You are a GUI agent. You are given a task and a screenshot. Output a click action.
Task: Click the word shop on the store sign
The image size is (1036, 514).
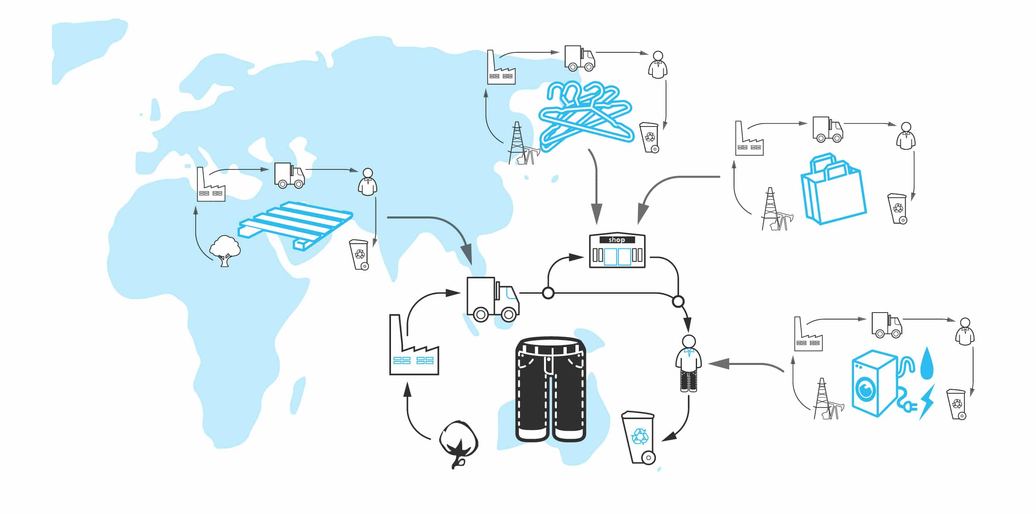click(x=617, y=240)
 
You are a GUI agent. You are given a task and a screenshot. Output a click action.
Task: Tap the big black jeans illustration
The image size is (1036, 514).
click(x=550, y=389)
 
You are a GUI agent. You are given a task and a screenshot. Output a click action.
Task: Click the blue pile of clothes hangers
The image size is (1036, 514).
click(x=585, y=114)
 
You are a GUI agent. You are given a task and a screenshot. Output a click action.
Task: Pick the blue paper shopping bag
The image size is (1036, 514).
click(x=833, y=191)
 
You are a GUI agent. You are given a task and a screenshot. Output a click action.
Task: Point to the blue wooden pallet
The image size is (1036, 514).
click(x=296, y=225)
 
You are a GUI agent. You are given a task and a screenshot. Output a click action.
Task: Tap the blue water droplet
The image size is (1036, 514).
click(x=926, y=364)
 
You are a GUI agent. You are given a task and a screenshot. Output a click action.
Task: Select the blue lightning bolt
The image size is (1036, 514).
click(x=927, y=401)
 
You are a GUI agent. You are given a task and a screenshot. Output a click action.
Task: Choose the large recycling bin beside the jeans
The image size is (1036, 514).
click(x=638, y=437)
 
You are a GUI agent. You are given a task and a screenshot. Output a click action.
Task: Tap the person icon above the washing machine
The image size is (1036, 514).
click(x=964, y=332)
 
